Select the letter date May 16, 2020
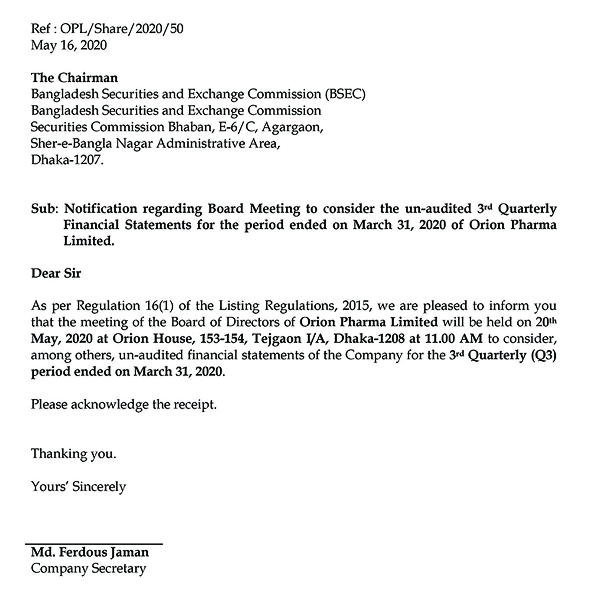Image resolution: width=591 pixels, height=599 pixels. [69, 45]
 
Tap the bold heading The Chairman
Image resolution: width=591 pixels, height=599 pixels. [74, 78]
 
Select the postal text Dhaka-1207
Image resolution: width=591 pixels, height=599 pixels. [67, 160]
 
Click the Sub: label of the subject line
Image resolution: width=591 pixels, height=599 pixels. [44, 209]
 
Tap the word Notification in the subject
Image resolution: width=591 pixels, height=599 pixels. [101, 209]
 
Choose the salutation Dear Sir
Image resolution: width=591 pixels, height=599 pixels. [56, 274]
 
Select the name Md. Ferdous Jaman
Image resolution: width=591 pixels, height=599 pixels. [90, 553]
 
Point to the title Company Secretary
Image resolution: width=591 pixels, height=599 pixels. [88, 569]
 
